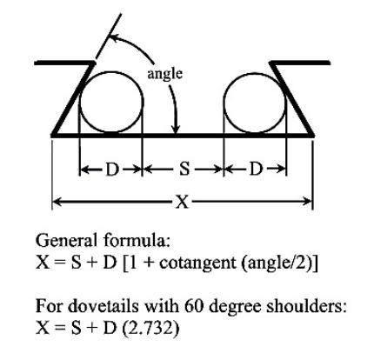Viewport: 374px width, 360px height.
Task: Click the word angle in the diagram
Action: pyautogui.click(x=165, y=75)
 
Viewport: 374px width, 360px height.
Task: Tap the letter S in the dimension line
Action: pyautogui.click(x=184, y=169)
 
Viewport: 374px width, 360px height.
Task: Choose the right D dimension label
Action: pyautogui.click(x=256, y=170)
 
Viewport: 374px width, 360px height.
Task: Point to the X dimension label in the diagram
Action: pyautogui.click(x=183, y=202)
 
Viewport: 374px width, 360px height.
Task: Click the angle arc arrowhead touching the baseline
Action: pyautogui.click(x=176, y=130)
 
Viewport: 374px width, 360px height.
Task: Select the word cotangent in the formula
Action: pyautogui.click(x=197, y=263)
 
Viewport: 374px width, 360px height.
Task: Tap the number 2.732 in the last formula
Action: pyautogui.click(x=151, y=329)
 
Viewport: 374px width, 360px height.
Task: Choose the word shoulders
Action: pyautogui.click(x=306, y=306)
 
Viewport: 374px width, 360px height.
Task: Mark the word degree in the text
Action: pyautogui.click(x=234, y=308)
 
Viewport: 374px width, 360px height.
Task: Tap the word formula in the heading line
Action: pyautogui.click(x=136, y=241)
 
